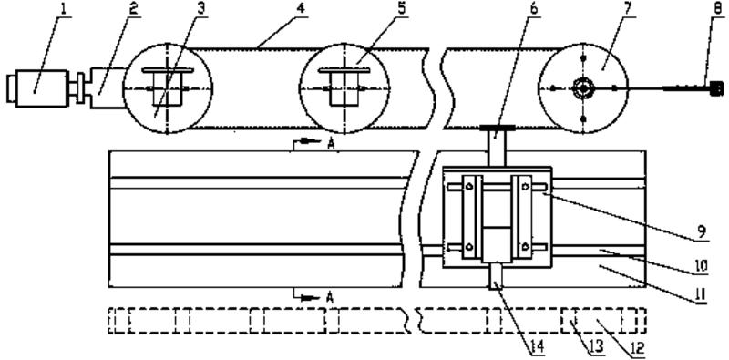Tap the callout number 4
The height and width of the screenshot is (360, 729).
coord(302,9)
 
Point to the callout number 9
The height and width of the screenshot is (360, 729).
coord(702,232)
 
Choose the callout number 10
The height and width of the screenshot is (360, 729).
coord(702,265)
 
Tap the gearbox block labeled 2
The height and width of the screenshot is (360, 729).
coord(107,87)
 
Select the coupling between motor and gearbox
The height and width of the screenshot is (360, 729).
coord(79,87)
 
